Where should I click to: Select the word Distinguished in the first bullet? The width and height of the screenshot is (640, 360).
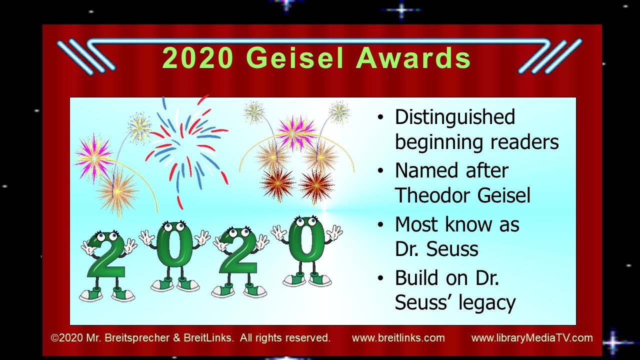[x=454, y=117]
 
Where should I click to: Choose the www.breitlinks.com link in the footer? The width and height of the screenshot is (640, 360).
[x=398, y=338]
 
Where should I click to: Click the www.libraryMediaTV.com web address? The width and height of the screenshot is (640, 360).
[x=532, y=338]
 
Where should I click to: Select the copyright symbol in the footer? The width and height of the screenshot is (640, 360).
[x=54, y=338]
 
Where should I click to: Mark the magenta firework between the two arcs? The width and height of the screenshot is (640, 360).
[x=297, y=132]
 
